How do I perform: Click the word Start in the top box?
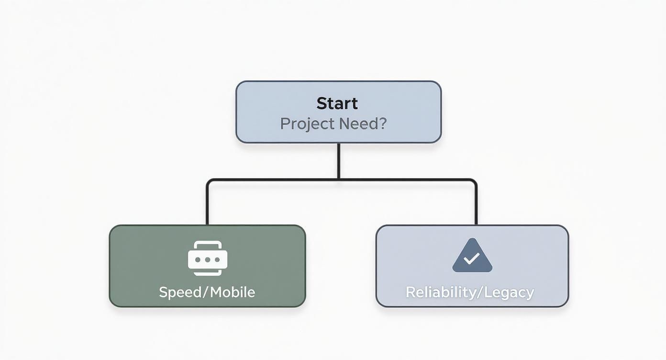tap(337, 103)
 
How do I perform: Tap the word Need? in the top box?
tap(363, 124)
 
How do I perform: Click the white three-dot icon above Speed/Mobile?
tap(208, 259)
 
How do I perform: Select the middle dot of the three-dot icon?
tap(208, 260)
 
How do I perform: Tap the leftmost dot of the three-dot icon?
tap(198, 260)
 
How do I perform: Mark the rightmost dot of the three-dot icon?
tap(217, 260)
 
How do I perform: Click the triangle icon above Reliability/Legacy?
tap(472, 256)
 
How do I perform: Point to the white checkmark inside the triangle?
tap(472, 259)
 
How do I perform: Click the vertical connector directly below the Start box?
tap(339, 160)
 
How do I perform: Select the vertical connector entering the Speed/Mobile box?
tap(207, 203)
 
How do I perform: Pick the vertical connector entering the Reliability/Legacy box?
tap(476, 203)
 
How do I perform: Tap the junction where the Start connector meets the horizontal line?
tap(339, 180)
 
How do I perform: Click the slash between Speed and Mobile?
tap(206, 292)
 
